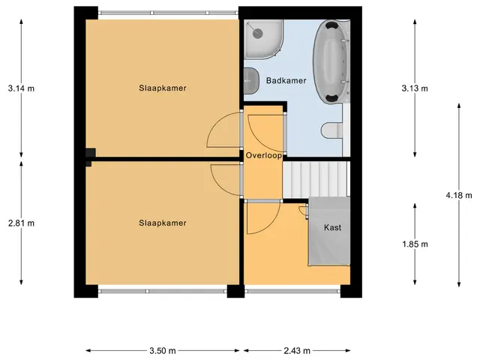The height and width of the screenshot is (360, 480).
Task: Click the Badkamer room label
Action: pyautogui.click(x=286, y=80)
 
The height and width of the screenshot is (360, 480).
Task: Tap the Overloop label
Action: pyautogui.click(x=263, y=155)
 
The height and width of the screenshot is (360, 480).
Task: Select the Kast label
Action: pyautogui.click(x=332, y=227)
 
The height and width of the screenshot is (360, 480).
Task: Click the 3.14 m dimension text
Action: pyautogui.click(x=21, y=88)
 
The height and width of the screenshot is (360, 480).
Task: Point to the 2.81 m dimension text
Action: pyautogui.click(x=21, y=223)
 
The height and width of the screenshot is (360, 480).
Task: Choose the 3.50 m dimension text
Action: pyautogui.click(x=163, y=350)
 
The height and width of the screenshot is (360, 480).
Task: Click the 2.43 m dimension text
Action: pyautogui.click(x=297, y=350)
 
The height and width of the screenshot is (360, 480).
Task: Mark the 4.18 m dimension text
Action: pyautogui.click(x=459, y=195)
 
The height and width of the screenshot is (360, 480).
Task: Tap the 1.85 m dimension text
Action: pyautogui.click(x=415, y=244)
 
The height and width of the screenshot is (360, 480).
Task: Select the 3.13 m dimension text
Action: pyautogui.click(x=415, y=88)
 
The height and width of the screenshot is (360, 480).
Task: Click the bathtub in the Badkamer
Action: pyautogui.click(x=331, y=61)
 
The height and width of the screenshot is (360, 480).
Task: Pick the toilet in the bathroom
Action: pyautogui.click(x=331, y=130)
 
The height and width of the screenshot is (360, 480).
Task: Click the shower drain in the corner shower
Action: pyautogui.click(x=257, y=33)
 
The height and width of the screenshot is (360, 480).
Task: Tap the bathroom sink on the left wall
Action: pyautogui.click(x=251, y=81)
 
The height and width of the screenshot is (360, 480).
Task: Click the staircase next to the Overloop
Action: pyautogui.click(x=316, y=179)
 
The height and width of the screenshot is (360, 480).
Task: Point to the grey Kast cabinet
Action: pyautogui.click(x=329, y=232)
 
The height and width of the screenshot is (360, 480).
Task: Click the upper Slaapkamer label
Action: pyautogui.click(x=163, y=88)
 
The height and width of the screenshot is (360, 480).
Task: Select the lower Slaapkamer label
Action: pyautogui.click(x=163, y=223)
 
